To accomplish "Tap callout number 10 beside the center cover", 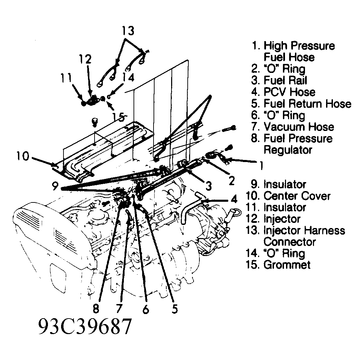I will (23, 157).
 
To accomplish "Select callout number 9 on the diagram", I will (55, 187).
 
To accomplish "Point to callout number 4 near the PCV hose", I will (234, 199).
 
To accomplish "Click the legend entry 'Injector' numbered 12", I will (282, 219).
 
